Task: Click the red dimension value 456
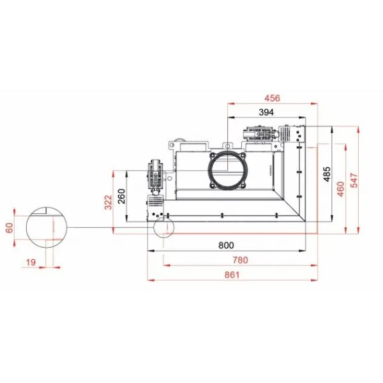click(x=272, y=98)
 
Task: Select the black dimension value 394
click(x=266, y=112)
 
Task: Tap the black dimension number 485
click(x=327, y=174)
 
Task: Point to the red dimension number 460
click(x=340, y=189)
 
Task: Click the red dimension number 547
click(x=354, y=180)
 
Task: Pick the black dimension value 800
click(x=226, y=245)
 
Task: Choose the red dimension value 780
click(x=241, y=260)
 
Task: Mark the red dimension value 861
click(x=232, y=275)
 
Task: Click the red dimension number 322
click(x=109, y=202)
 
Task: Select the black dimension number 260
click(x=121, y=196)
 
